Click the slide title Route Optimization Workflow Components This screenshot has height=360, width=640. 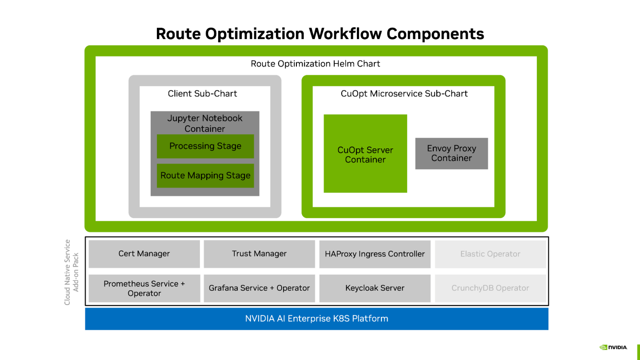[320, 34]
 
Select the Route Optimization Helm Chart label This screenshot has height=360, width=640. [315, 64]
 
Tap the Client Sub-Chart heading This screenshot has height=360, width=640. [202, 94]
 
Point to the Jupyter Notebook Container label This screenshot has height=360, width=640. [205, 123]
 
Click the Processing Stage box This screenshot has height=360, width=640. [205, 146]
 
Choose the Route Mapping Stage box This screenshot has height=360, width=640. [205, 176]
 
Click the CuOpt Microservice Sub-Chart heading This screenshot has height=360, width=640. [404, 94]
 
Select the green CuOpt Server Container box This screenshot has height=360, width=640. [365, 154]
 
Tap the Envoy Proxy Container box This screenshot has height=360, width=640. [452, 153]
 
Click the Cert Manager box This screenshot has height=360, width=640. [144, 254]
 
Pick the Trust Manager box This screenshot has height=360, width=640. [259, 254]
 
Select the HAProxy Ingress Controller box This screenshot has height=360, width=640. [375, 254]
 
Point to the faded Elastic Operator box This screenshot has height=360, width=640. [490, 254]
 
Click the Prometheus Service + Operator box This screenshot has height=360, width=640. [144, 288]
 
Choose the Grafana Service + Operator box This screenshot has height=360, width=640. [259, 288]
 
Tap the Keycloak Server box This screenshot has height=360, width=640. [375, 288]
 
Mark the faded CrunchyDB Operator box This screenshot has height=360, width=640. [490, 288]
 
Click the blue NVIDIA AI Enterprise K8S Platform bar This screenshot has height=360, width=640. [316, 319]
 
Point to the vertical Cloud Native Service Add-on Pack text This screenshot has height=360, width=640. [71, 272]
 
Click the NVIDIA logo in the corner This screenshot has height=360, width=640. [613, 347]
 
